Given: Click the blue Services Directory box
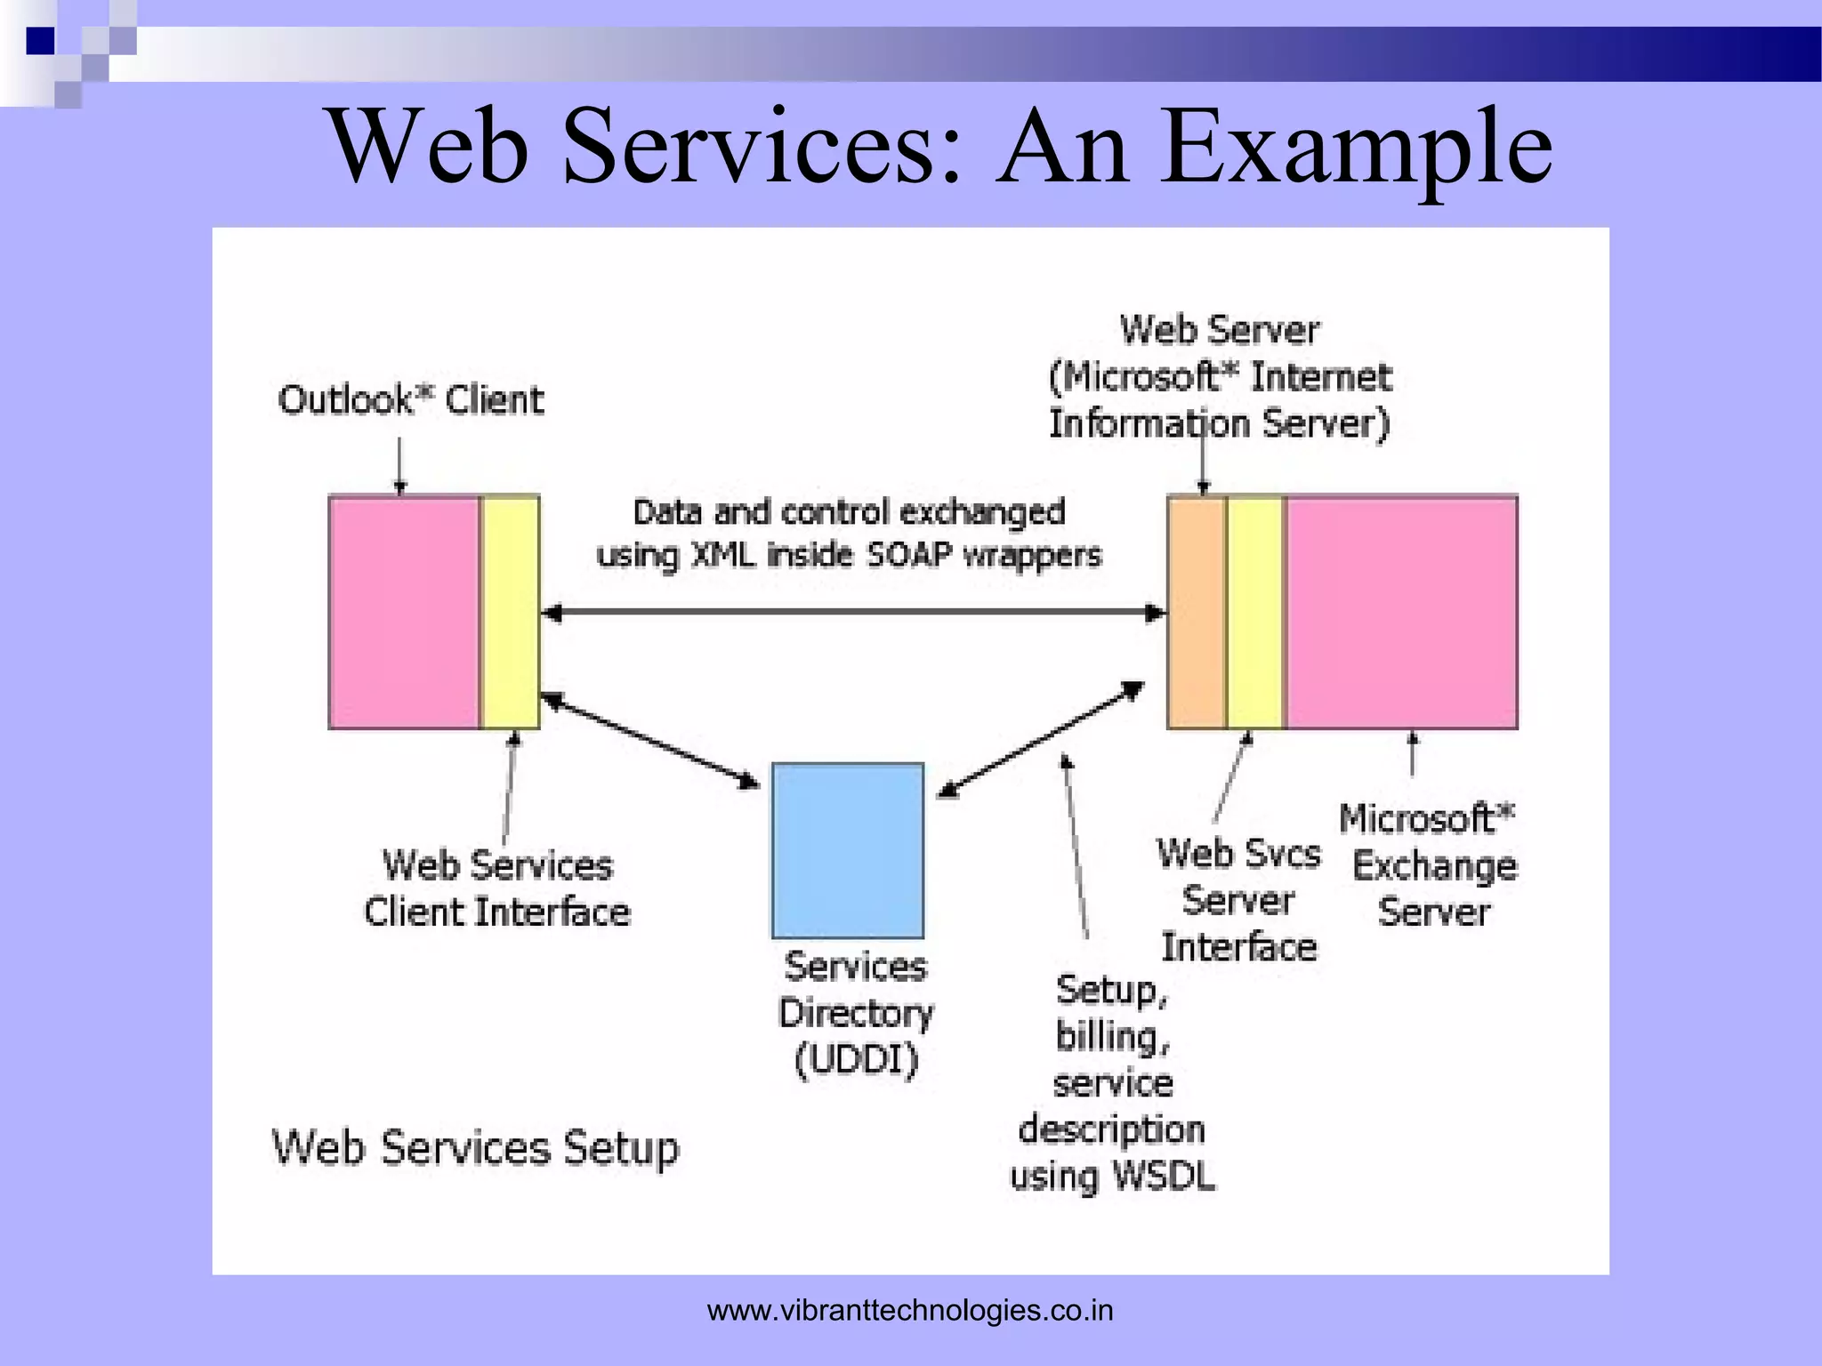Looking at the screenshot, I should click(847, 850).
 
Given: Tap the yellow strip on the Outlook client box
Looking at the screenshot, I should click(510, 613).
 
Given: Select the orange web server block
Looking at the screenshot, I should click(1196, 613).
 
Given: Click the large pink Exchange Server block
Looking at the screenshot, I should click(1402, 613).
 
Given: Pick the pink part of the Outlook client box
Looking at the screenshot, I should click(404, 613).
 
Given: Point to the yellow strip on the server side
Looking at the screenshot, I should click(1255, 613).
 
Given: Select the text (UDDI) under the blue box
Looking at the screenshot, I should click(856, 1060).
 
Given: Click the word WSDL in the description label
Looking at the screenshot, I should click(1164, 1176).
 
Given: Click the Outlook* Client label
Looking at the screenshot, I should click(410, 400).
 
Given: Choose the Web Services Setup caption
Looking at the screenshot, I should click(475, 1147).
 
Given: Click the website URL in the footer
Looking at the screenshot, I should click(909, 1310).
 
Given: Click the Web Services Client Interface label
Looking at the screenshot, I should click(497, 888).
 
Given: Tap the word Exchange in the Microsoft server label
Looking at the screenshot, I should click(1434, 865).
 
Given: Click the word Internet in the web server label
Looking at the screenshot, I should click(1320, 377).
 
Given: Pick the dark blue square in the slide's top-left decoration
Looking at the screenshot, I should click(40, 41).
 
